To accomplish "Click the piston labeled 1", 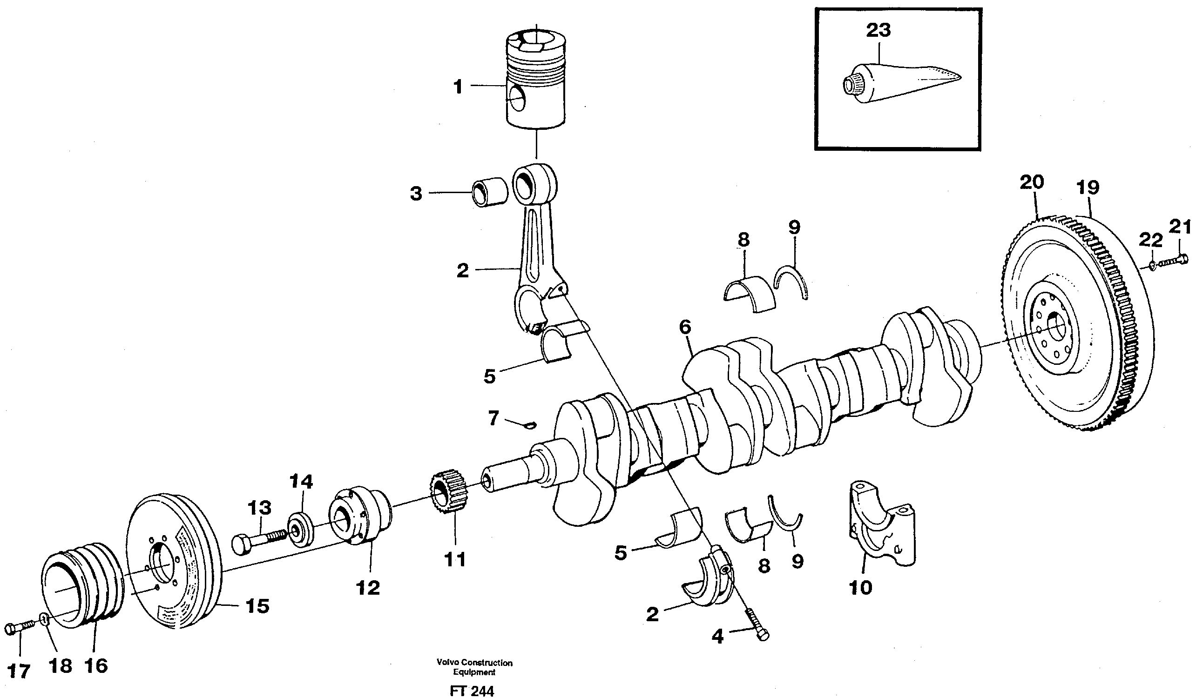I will pyautogui.click(x=536, y=81).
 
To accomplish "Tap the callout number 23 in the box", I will pyautogui.click(x=878, y=30).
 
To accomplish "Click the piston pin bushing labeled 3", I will pyautogui.click(x=489, y=192).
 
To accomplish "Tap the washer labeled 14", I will pyautogui.click(x=300, y=529).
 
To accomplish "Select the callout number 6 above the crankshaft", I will pyautogui.click(x=685, y=328).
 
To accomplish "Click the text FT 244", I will pyautogui.click(x=472, y=691).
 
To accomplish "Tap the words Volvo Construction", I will pyautogui.click(x=474, y=663).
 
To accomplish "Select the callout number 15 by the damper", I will pyautogui.click(x=258, y=606).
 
